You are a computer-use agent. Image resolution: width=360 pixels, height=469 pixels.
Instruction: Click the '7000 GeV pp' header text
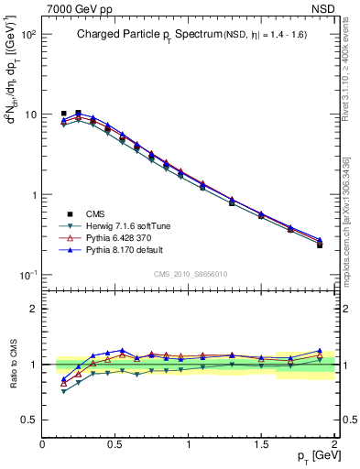tap(75, 8)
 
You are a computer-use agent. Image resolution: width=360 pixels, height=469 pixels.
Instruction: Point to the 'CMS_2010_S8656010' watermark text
tap(190, 273)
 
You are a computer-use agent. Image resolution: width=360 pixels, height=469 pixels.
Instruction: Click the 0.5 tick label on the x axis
tap(115, 443)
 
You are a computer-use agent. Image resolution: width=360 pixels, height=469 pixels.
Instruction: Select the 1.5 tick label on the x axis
tap(262, 443)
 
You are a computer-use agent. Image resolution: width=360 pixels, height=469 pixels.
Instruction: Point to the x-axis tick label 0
tap(43, 443)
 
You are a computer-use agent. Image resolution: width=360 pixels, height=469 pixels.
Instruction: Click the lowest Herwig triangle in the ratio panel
tap(63, 391)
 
